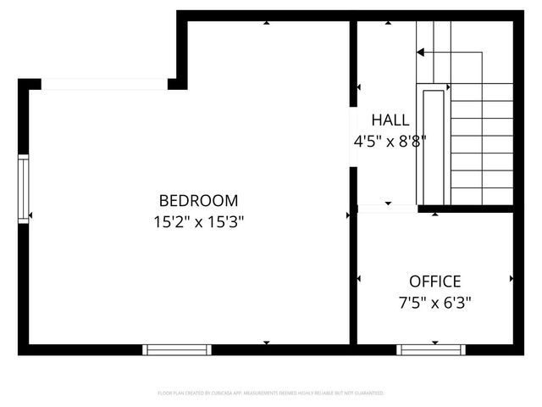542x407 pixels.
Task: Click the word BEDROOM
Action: coord(199,201)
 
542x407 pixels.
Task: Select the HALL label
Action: coord(389,120)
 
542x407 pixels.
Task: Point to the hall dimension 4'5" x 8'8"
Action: coord(389,142)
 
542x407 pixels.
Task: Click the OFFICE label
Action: coord(434,282)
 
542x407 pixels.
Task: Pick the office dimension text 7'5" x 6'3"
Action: coord(434,302)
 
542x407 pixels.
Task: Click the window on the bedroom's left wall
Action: coord(24,188)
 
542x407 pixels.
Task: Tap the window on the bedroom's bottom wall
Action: coord(176,349)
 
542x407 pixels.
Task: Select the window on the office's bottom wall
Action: coord(431,349)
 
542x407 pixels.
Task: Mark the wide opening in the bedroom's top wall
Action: coord(104,84)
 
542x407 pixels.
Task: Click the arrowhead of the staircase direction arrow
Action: coord(421,53)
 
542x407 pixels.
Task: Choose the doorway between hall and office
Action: coord(387,208)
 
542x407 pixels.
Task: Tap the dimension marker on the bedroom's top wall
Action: coord(267,23)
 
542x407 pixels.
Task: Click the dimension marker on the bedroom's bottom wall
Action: coord(267,343)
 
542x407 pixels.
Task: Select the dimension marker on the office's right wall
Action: coord(511,278)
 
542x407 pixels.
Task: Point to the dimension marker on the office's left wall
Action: coord(360,278)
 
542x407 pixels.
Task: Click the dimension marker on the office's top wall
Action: coord(435,214)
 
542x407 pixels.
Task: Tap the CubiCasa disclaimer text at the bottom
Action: coord(271,393)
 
